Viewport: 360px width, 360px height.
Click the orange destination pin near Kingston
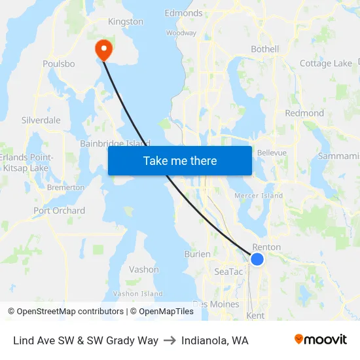click(x=103, y=49)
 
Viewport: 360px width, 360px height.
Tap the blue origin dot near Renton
click(x=257, y=259)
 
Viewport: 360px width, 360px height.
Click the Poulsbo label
click(x=59, y=64)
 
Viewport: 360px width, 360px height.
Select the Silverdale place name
click(x=41, y=120)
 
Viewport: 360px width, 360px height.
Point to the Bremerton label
click(x=65, y=187)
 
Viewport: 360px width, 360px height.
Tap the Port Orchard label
click(x=59, y=211)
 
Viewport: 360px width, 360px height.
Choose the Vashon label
click(x=143, y=269)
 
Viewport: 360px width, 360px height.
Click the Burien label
click(x=197, y=254)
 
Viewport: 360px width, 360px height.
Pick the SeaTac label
click(x=228, y=271)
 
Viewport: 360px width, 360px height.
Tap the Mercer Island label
click(x=259, y=196)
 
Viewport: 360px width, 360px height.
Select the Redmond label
click(x=304, y=113)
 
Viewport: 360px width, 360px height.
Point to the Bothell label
click(x=265, y=49)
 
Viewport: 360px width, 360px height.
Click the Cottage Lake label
click(x=325, y=63)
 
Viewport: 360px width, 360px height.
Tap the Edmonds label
click(x=183, y=13)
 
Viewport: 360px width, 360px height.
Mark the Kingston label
click(x=125, y=22)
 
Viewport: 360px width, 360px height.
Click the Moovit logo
click(x=320, y=339)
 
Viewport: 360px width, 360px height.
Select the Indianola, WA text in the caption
click(x=215, y=340)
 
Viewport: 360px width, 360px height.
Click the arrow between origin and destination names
click(x=170, y=340)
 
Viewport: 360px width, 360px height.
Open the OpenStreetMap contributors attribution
click(x=66, y=312)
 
